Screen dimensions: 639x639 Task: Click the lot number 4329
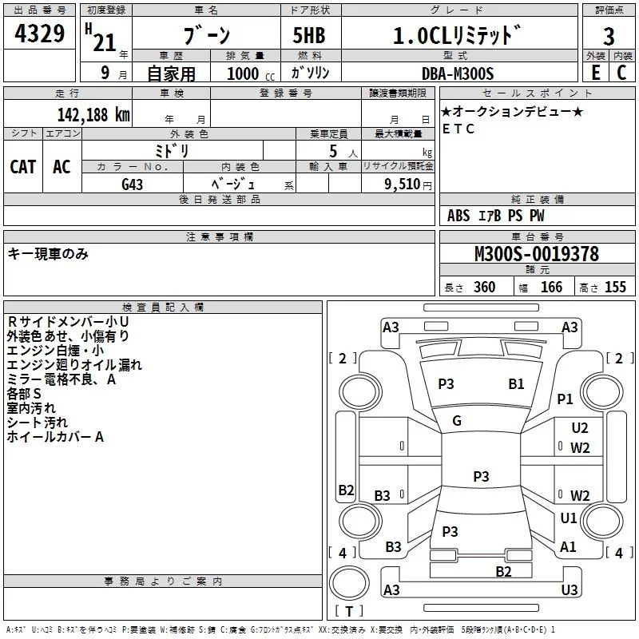coord(40,35)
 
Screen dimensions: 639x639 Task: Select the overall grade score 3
coord(609,37)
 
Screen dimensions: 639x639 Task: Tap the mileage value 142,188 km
coord(94,114)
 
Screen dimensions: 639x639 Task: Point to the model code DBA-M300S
coord(458,73)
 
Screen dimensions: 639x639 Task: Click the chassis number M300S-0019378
coord(536,255)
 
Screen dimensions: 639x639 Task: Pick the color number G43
coord(133,184)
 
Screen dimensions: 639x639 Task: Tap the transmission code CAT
coord(23,167)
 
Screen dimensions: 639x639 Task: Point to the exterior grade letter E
coord(595,73)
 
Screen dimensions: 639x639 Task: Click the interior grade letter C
coord(621,73)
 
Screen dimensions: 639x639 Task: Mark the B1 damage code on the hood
coord(516,384)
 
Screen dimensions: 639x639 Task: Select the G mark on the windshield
coord(457,421)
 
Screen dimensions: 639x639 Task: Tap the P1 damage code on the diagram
coord(566,399)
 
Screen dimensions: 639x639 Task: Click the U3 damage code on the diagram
coord(569,589)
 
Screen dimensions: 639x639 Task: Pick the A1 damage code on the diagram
coord(569,547)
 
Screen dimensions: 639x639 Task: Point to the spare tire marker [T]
coord(349,611)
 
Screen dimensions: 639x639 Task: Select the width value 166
coord(551,288)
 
